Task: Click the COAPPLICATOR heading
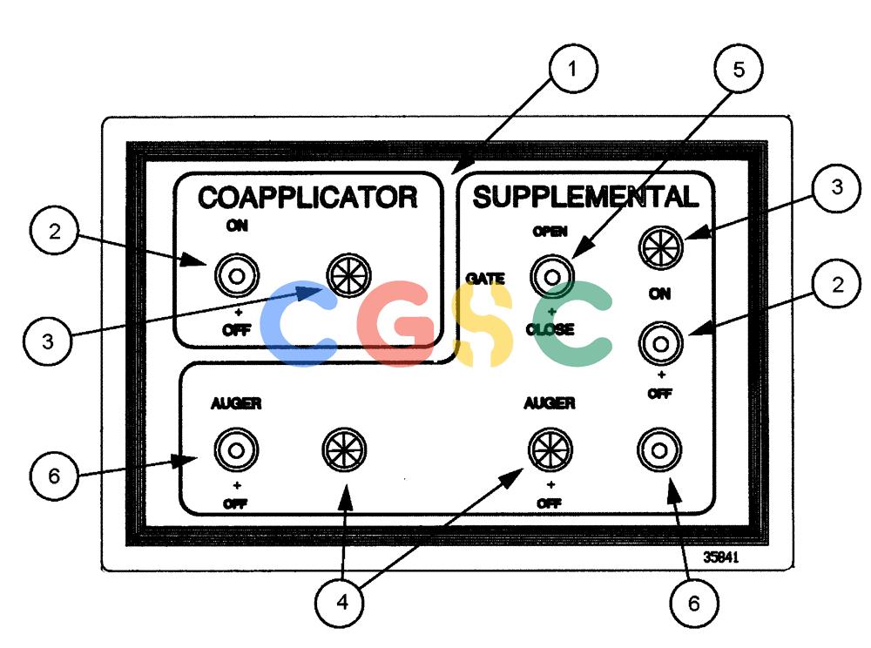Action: coord(307,197)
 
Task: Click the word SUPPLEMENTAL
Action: coord(585,197)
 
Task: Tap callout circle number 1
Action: coord(573,69)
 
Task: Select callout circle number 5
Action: coord(739,69)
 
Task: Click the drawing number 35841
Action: coord(721,557)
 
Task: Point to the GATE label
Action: coord(485,278)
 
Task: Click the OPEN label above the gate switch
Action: coord(550,232)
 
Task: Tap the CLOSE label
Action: coord(550,329)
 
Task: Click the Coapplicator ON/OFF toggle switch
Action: coord(237,275)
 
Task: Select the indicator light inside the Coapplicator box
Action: coord(348,275)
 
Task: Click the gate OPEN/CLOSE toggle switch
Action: coord(551,276)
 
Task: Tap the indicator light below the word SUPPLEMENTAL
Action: coord(660,247)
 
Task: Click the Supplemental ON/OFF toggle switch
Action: coord(660,344)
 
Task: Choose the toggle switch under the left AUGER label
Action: coord(236,449)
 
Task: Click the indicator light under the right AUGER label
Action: coord(550,449)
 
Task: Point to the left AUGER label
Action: coord(236,403)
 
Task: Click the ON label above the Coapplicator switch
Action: coord(237,226)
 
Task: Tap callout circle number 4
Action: coord(340,603)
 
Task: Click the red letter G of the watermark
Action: coord(395,323)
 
